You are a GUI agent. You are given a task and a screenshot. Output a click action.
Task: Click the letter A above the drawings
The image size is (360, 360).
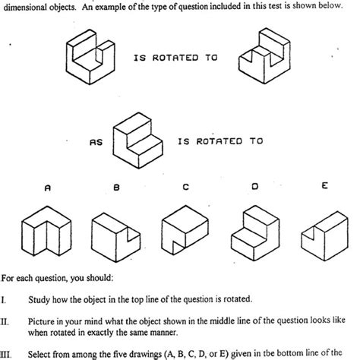47,185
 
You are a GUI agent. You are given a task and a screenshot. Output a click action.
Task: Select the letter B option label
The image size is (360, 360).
116,185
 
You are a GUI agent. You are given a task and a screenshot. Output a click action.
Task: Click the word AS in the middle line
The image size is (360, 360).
96,141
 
